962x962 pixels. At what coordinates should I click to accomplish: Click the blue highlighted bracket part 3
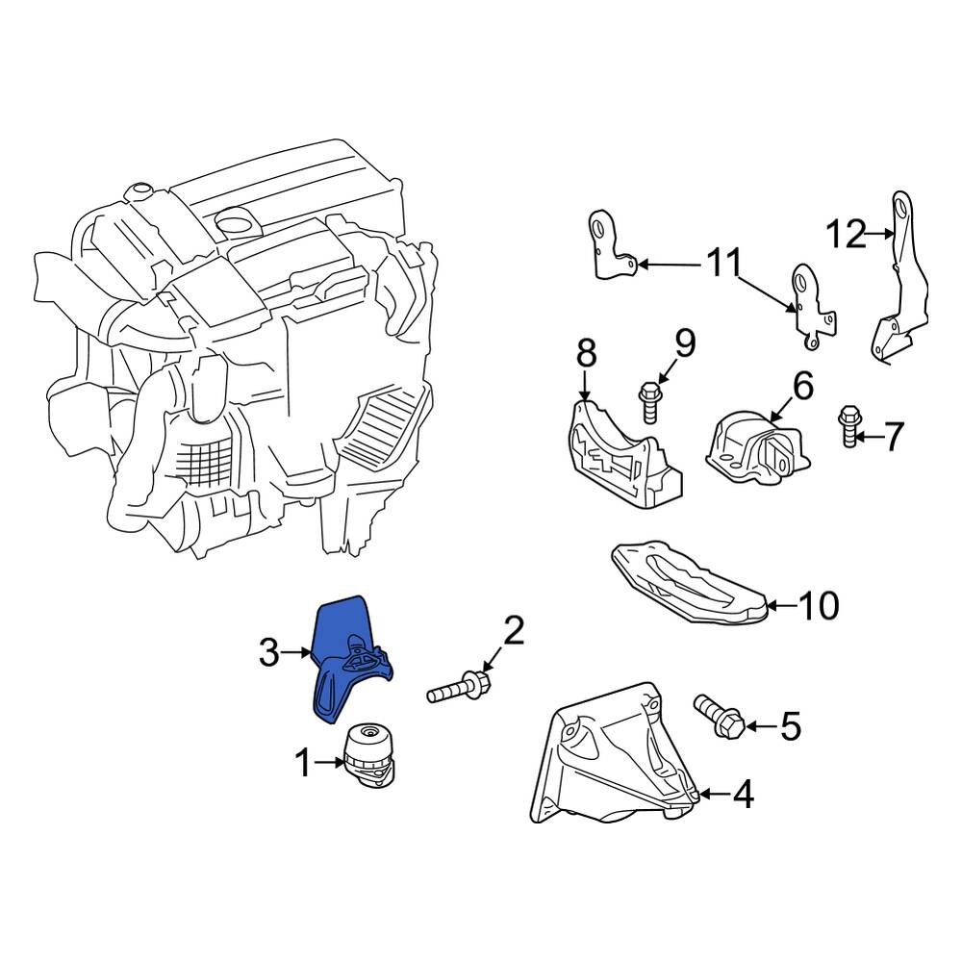(342, 654)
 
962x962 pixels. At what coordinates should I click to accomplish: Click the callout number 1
(303, 765)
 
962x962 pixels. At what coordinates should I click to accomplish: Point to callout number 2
(514, 632)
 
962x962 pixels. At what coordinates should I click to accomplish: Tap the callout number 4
(743, 795)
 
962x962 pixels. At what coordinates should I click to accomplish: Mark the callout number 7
(894, 438)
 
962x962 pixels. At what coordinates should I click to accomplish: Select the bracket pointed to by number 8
(620, 457)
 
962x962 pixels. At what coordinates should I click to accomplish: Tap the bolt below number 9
(649, 401)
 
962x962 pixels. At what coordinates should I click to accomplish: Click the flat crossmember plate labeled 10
(688, 582)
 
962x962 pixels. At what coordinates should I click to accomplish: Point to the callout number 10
(819, 606)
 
